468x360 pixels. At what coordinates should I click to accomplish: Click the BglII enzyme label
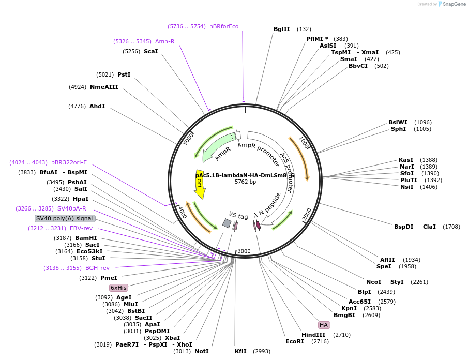pos(282,29)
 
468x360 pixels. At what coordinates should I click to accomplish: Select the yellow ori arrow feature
pos(200,183)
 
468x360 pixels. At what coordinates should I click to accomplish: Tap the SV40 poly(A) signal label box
pos(65,218)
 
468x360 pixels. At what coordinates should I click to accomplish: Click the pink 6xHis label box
pos(118,288)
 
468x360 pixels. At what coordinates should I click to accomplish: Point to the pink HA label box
pos(324,325)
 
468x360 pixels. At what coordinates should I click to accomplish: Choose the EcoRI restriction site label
pos(295,341)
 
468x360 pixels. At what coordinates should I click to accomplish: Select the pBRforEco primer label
pos(224,26)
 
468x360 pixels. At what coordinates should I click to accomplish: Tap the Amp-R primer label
pos(165,41)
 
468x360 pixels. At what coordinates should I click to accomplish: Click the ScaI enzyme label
pos(151,51)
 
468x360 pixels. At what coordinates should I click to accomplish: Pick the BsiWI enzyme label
pos(398,122)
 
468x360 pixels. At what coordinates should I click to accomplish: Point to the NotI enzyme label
pos(202,351)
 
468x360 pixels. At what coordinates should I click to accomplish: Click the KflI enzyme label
pos(241,351)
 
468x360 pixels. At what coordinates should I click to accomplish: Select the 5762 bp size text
pos(245,182)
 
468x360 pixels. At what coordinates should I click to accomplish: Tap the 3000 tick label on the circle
pos(244,251)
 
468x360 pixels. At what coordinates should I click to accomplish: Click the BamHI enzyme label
pos(86,238)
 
